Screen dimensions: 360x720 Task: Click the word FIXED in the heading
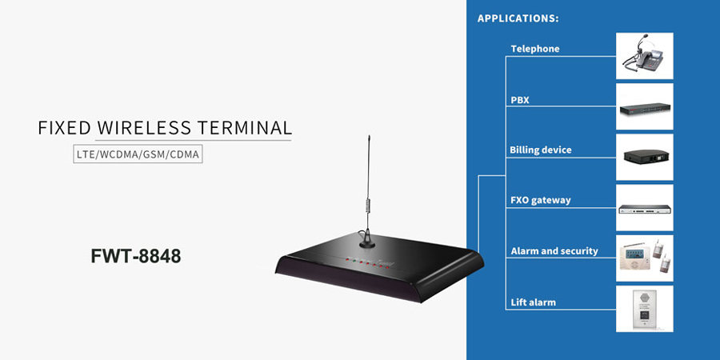tap(63, 128)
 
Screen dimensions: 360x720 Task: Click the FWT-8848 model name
tap(135, 256)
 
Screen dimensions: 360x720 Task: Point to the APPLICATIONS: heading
tap(518, 18)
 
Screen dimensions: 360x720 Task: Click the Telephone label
tap(535, 49)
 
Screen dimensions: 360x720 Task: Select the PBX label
tap(520, 100)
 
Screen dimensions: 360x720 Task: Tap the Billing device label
tap(541, 150)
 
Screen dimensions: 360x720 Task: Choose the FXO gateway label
tap(541, 200)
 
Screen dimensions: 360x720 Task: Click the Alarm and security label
tap(554, 250)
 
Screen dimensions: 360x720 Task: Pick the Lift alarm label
tap(534, 302)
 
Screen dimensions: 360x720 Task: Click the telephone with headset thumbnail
tap(644, 56)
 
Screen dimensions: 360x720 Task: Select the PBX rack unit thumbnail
tap(644, 106)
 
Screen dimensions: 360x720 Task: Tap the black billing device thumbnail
tap(644, 157)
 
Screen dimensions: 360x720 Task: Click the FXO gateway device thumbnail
tap(644, 207)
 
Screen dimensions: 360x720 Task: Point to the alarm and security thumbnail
tap(644, 258)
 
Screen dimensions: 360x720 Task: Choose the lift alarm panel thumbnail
tap(644, 308)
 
